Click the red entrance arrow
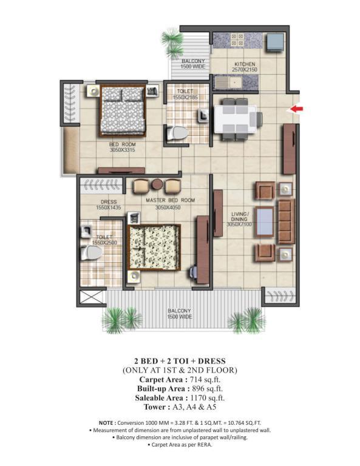296,109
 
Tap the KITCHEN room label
245,64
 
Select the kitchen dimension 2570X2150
245,70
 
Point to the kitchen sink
228,83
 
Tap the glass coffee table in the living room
264,221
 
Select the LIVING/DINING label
240,217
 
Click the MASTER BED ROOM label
170,200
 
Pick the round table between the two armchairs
157,184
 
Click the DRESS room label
109,202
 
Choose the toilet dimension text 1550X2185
185,97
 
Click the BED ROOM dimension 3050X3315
123,150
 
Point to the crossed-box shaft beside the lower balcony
91,297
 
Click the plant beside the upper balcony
172,44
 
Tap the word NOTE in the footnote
106,423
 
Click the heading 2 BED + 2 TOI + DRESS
180,361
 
